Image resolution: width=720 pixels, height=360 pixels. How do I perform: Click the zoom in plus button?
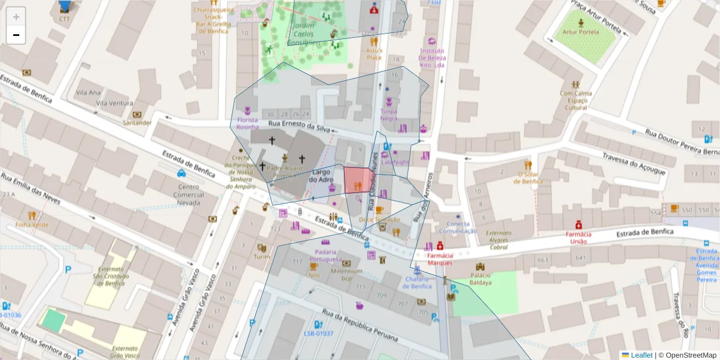[x=16, y=17]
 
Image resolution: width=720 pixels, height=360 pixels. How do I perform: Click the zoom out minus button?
[x=16, y=35]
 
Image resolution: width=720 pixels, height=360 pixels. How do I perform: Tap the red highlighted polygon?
[x=359, y=180]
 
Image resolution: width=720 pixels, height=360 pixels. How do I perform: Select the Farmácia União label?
[x=578, y=238]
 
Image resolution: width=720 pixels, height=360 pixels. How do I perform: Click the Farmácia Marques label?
[x=440, y=259]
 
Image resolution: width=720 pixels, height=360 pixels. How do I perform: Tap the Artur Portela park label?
[x=580, y=32]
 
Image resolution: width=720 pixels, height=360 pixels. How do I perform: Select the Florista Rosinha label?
[x=247, y=124]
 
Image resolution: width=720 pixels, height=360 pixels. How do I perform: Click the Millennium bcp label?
[x=346, y=274]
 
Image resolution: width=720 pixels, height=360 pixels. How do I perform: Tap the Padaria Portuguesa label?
[x=325, y=255]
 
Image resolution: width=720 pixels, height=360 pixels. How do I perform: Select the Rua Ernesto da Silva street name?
[x=299, y=126]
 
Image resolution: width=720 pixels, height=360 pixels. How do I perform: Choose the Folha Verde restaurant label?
[x=32, y=225]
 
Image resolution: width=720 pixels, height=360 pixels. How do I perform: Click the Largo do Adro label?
[x=321, y=176]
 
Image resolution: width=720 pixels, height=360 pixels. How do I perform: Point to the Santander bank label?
[x=137, y=122]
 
